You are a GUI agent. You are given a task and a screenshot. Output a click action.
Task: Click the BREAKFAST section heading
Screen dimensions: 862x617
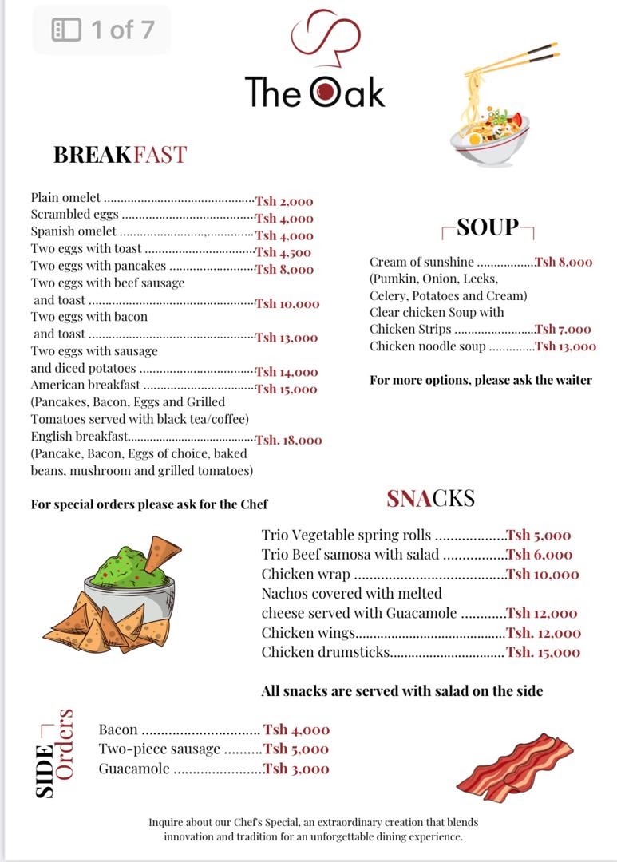[x=120, y=154]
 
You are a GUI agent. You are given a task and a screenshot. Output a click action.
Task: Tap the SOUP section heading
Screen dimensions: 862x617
[x=488, y=227]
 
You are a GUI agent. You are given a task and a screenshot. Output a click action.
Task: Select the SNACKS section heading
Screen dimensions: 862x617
[x=430, y=499]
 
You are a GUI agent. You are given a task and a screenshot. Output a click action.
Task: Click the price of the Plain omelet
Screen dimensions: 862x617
[x=284, y=201]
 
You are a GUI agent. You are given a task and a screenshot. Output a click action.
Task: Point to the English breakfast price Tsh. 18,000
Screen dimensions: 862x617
[x=289, y=440]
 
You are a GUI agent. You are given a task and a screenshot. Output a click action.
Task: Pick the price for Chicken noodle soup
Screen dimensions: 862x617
[x=565, y=346]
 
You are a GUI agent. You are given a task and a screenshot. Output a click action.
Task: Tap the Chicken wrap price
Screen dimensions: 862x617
[x=543, y=574]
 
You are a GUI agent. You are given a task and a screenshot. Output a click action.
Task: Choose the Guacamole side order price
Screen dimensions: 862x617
[x=296, y=769]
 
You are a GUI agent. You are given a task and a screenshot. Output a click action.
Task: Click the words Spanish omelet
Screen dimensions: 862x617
[x=73, y=231]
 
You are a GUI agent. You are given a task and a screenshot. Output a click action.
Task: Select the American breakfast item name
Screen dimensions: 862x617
[x=85, y=385]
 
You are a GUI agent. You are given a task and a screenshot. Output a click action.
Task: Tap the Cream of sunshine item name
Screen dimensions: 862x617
[x=421, y=262]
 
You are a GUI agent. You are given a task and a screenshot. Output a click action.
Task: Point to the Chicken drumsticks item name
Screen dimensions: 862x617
[x=326, y=652]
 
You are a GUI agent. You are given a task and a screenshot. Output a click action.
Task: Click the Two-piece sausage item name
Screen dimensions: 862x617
[x=159, y=749]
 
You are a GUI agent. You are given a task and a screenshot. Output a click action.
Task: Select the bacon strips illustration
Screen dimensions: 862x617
[x=514, y=767]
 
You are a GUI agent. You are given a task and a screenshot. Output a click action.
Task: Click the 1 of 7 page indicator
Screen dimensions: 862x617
[x=102, y=30]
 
